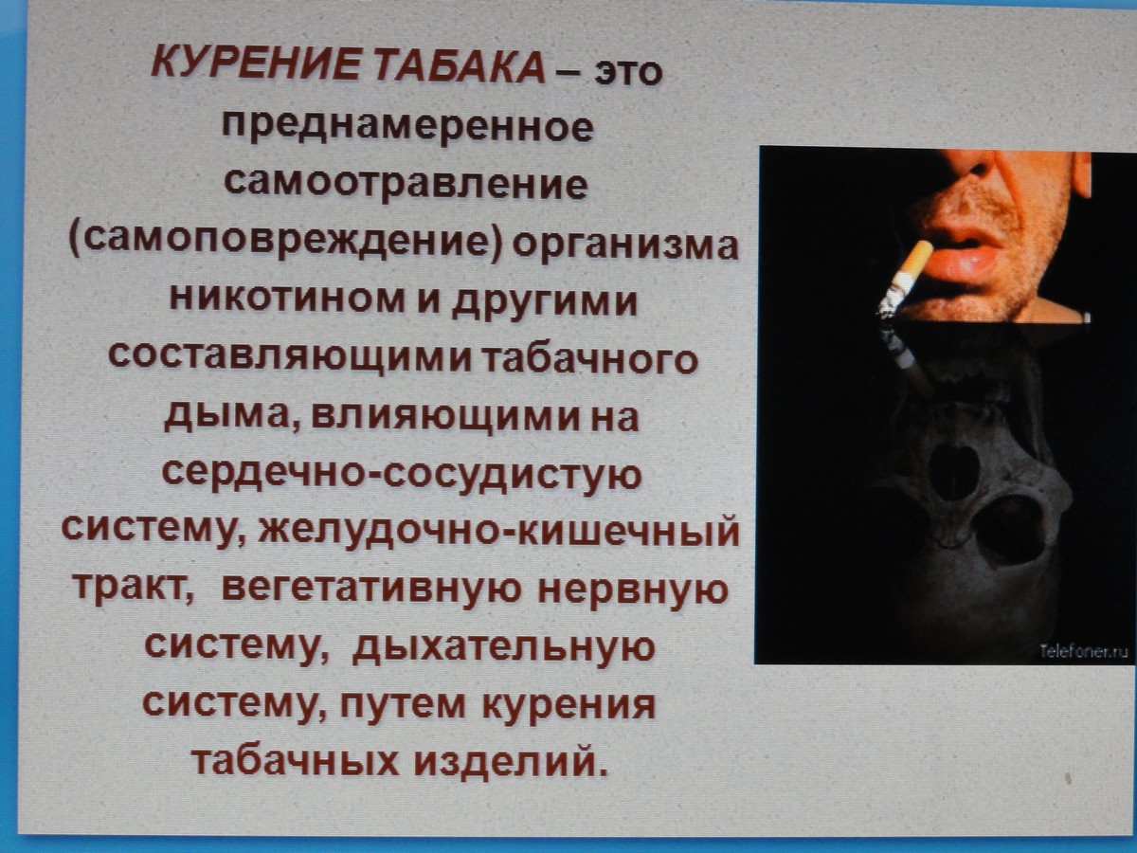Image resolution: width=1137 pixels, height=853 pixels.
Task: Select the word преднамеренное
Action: point(407,126)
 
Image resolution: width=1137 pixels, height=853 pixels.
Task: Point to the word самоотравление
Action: point(406,183)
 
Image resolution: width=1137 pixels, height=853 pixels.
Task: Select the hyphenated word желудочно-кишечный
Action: point(498,531)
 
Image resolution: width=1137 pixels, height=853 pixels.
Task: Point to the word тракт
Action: point(134,588)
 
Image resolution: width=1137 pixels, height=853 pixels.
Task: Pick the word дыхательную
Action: point(503,648)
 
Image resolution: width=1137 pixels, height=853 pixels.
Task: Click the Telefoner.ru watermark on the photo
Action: point(1084,651)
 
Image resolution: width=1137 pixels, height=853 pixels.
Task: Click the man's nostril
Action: point(978,170)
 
